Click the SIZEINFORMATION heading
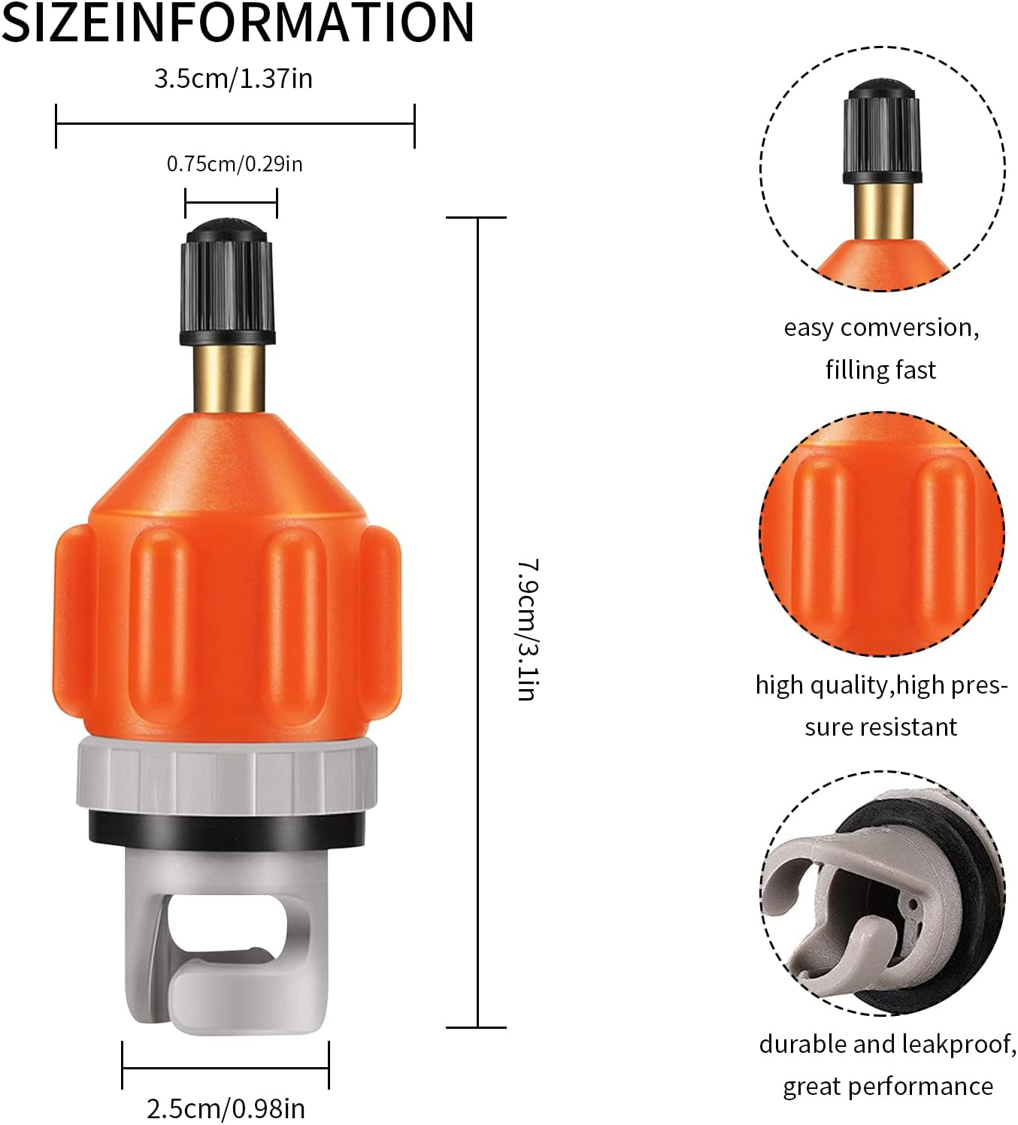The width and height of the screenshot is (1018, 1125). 238,23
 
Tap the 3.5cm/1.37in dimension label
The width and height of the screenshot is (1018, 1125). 233,79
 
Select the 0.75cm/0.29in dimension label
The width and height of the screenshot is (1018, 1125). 235,164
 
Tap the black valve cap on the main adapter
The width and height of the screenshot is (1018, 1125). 227,282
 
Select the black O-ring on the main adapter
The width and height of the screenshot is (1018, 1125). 226,827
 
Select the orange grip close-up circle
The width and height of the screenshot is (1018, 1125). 882,534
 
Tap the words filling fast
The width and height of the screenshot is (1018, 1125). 880,370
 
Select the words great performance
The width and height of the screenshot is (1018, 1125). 888,1087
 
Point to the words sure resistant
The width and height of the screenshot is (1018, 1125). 880,727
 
